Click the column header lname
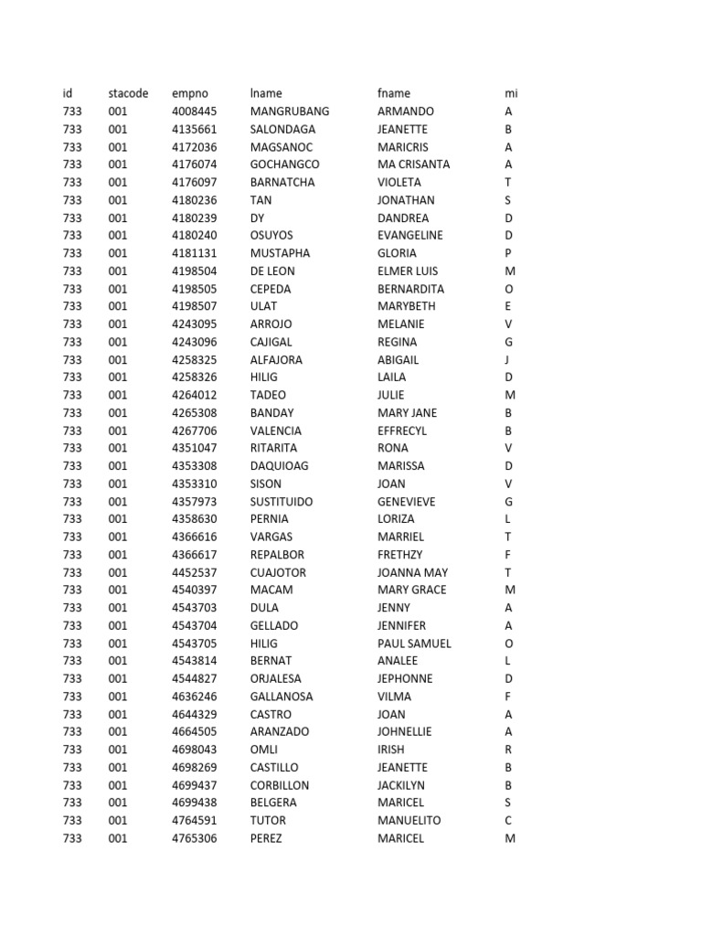266,93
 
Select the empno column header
190,93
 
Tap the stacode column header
127,93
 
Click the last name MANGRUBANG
290,112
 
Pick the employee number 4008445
194,112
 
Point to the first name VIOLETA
399,182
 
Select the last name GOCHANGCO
285,165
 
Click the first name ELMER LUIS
408,271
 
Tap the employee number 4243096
194,342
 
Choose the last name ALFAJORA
276,359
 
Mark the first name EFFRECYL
402,431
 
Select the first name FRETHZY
400,555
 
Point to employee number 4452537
194,572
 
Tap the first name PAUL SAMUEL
414,643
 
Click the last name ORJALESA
278,679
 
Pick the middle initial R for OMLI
508,750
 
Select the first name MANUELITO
409,821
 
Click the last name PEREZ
266,838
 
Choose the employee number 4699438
194,803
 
